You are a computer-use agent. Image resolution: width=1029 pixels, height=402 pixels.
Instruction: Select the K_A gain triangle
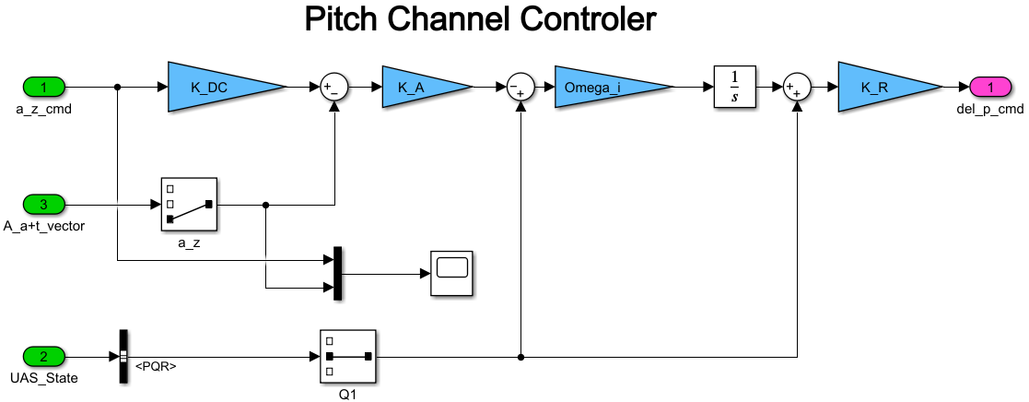(x=418, y=88)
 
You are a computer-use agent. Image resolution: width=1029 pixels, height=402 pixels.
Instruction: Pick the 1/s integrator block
(x=734, y=88)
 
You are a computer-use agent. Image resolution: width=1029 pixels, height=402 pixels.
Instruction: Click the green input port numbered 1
(x=44, y=88)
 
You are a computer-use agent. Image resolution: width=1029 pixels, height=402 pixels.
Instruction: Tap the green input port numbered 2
(x=44, y=356)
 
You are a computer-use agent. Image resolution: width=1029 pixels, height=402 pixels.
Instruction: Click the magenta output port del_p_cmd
(x=991, y=88)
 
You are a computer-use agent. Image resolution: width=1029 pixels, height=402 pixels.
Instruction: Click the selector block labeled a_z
(x=189, y=205)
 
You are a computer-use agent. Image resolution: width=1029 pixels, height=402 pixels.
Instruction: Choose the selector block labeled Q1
(x=347, y=356)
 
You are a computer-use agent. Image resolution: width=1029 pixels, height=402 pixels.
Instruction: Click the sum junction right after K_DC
(x=333, y=88)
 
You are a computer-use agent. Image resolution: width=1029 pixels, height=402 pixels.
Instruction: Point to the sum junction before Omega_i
(x=520, y=88)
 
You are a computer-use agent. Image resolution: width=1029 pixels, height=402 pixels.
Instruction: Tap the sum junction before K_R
(x=796, y=88)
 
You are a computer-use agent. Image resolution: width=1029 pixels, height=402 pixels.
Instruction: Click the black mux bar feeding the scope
(x=338, y=273)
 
